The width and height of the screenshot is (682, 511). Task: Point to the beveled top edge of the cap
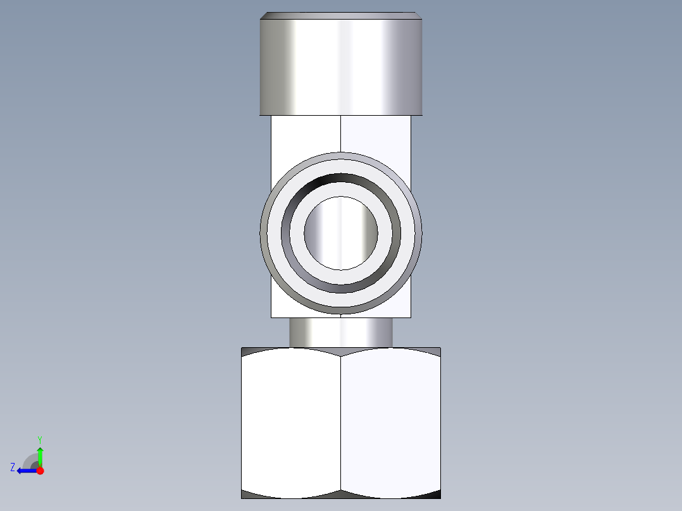[x=341, y=15]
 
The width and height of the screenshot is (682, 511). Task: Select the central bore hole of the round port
[x=341, y=233]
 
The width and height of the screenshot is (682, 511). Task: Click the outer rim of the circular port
[x=341, y=156]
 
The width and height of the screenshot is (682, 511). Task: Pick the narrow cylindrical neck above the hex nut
[x=341, y=333]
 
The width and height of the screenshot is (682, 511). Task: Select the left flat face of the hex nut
[x=291, y=424]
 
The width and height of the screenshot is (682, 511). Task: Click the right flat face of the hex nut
[x=391, y=424]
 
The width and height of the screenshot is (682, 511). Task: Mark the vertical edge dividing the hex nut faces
[x=341, y=424]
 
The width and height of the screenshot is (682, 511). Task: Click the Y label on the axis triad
[x=39, y=439]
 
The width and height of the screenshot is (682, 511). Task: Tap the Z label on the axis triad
[x=13, y=467]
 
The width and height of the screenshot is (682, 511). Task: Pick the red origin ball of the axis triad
[x=40, y=471]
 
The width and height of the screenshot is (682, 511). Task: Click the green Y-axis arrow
[x=40, y=455]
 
